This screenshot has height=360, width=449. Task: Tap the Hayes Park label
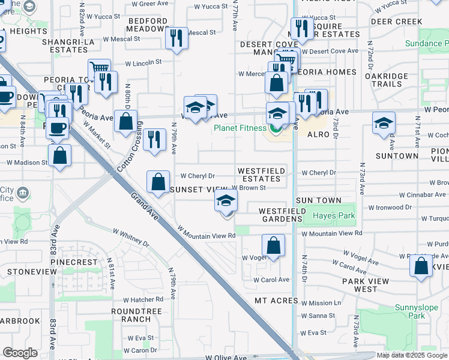(333, 215)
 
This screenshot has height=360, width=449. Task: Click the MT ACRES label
(276, 300)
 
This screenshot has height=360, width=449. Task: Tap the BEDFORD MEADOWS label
(147, 25)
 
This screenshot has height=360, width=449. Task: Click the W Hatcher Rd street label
(143, 299)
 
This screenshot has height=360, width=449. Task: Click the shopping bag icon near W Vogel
(273, 245)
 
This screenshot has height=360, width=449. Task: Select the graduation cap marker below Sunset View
(226, 201)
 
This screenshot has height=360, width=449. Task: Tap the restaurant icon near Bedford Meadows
(176, 38)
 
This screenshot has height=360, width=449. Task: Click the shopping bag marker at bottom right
(421, 265)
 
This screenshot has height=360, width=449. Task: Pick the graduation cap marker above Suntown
(384, 124)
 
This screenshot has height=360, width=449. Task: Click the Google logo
(20, 353)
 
